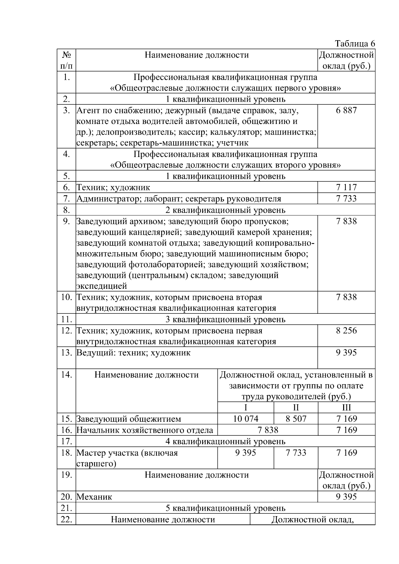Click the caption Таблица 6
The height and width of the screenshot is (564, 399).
coord(355,44)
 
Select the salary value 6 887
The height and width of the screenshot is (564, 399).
coord(346,110)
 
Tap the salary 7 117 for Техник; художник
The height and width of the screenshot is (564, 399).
coord(346,187)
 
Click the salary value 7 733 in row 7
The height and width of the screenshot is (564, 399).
coord(346,199)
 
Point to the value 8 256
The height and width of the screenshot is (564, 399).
coord(346,331)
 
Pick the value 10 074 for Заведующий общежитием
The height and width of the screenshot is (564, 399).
coord(245,419)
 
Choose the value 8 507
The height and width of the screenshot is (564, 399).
coord(296,419)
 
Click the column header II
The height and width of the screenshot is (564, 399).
coord(296,407)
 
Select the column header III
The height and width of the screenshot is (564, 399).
coord(346,407)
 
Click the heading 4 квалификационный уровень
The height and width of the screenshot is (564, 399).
coord(225,441)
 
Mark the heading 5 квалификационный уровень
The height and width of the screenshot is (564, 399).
coord(225,508)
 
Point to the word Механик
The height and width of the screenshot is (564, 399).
coord(94,497)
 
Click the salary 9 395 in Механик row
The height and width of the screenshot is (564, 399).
coord(346,497)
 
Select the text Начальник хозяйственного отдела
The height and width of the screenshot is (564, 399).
coord(145,430)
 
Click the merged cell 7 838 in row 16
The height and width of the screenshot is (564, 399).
coord(268,430)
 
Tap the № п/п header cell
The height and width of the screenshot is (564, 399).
coord(66,60)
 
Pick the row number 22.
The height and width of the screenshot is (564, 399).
coord(66,519)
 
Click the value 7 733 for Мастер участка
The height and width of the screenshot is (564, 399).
coord(296,453)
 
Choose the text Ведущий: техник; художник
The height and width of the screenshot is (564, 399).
coord(134,353)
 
